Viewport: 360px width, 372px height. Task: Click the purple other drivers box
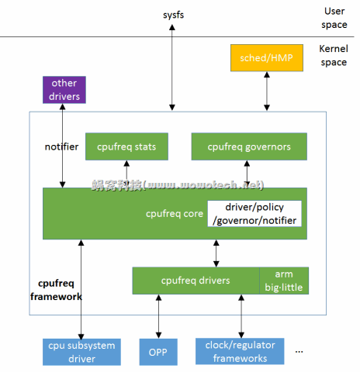pos(63,89)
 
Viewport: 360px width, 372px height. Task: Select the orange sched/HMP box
pos(267,58)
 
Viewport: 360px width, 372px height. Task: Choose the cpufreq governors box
pos(248,146)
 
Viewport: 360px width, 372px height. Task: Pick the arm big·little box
pos(283,280)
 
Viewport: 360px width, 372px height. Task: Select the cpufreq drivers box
pos(196,280)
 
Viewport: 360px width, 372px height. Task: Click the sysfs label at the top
pos(173,15)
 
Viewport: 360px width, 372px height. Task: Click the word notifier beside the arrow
pos(62,146)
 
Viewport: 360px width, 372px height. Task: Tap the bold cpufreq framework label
pos(57,289)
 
